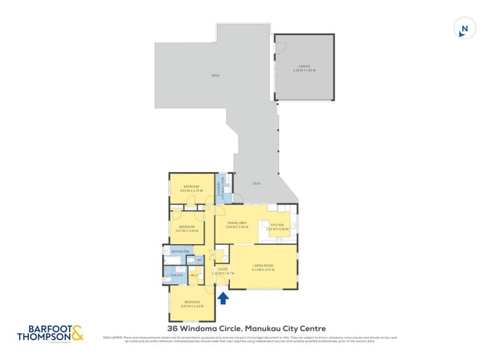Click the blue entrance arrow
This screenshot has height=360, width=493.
coord(224,298)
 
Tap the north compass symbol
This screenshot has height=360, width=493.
coord(465,28)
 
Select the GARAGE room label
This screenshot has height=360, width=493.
coord(304,65)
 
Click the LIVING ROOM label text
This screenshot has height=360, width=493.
coord(263,266)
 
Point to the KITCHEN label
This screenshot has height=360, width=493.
coord(277,225)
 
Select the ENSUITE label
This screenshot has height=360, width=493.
coord(177,275)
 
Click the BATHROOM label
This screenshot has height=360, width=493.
coord(180,252)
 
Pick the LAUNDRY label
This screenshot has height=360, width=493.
coord(218,187)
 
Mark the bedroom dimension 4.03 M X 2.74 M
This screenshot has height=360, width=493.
coord(191,190)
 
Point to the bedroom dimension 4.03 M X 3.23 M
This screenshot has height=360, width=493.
coord(191,305)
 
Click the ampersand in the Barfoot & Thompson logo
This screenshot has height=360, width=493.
coord(77,333)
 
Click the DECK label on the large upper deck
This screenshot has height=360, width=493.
coord(216,75)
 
